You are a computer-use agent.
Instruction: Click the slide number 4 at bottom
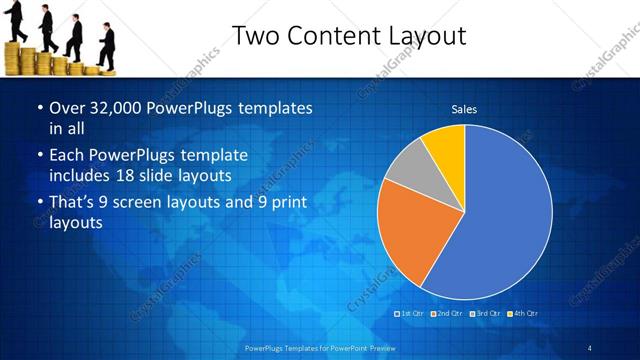point(590,347)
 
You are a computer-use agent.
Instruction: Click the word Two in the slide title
point(254,37)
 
